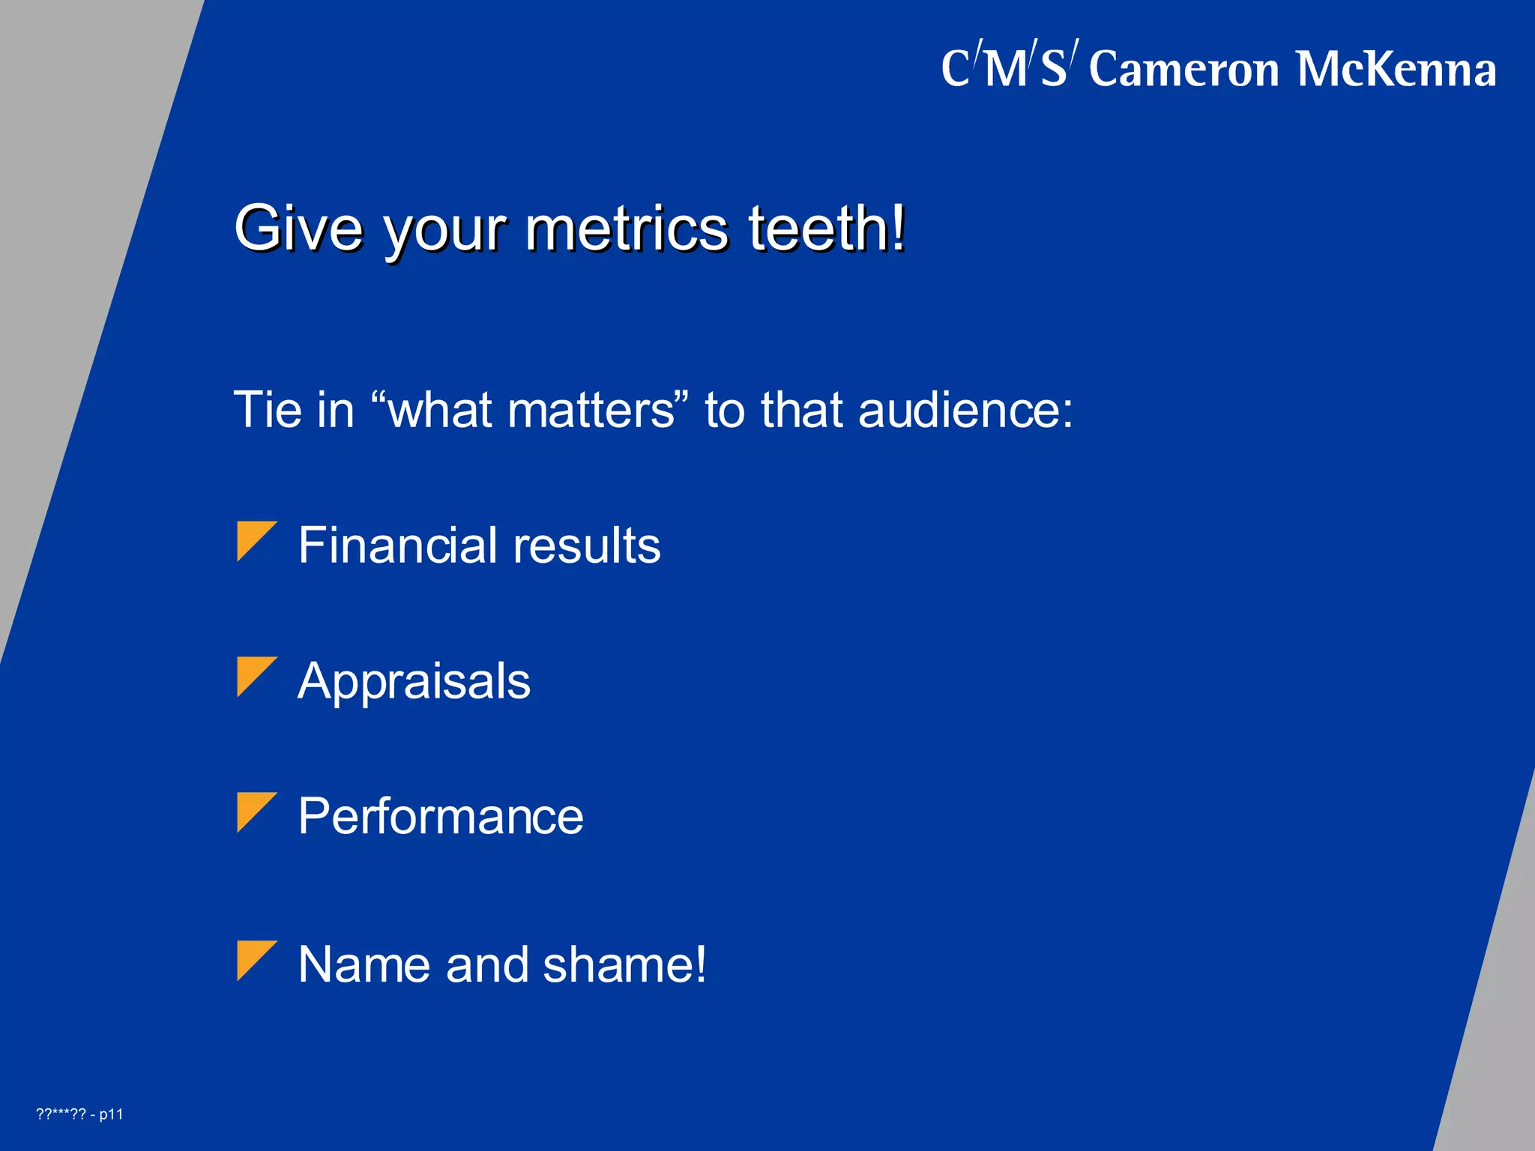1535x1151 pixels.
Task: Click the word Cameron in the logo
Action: pos(1183,70)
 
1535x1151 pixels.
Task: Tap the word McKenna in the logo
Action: pos(1396,70)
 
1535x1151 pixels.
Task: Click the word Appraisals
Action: pos(414,681)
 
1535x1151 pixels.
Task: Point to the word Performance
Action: pos(441,816)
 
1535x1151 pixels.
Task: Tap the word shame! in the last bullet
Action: pos(624,964)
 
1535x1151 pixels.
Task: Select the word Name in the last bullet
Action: pos(364,964)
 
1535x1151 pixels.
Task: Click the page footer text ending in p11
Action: pos(79,1114)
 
